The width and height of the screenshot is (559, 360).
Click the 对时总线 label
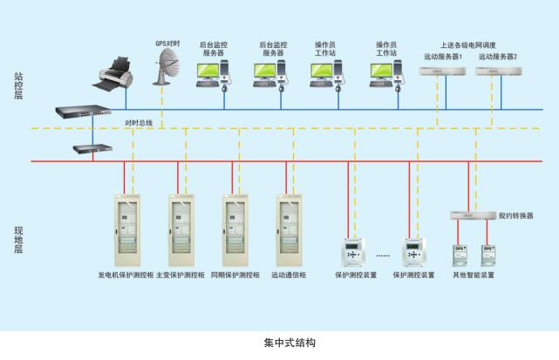click(x=139, y=123)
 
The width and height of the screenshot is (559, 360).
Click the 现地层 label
click(x=18, y=238)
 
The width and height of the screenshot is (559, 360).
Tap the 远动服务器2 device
click(x=495, y=71)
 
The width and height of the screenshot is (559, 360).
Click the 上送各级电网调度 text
click(x=469, y=44)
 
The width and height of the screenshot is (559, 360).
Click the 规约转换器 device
click(x=472, y=214)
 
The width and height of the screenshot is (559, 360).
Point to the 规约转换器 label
click(x=515, y=214)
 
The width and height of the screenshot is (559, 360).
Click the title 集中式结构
click(x=278, y=343)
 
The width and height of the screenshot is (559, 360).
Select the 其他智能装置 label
click(x=473, y=275)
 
